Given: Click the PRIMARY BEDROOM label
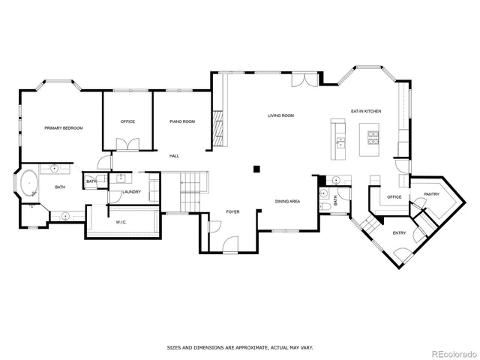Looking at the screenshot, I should point(63,128).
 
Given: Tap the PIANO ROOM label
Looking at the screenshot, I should point(182,121).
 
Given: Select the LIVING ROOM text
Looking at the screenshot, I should point(281,115).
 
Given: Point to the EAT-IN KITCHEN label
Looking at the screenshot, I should point(366,111).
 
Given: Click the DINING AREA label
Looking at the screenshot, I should point(287,201).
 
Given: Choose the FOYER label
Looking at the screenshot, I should point(233,212).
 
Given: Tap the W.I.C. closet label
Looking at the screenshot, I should point(121,222).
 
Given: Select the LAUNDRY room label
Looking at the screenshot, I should point(131,192).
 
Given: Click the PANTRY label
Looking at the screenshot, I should point(431,194).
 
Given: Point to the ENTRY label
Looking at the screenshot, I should point(400,232).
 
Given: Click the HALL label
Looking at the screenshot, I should point(174,156).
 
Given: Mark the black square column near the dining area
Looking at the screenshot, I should point(256,168).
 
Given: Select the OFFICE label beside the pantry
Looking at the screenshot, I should point(394,197).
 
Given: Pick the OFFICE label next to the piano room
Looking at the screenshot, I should point(127,121).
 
